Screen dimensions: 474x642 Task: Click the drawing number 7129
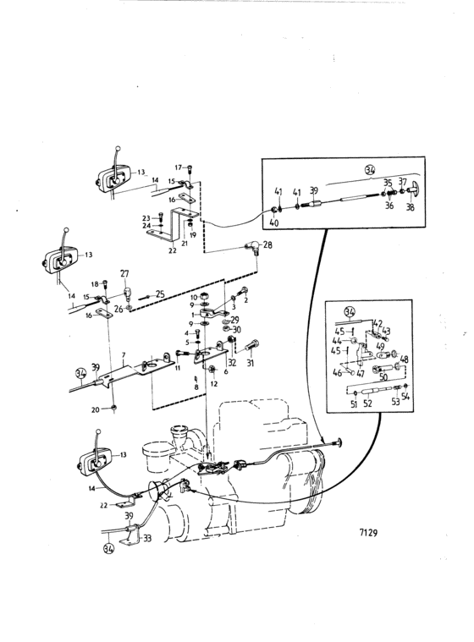(368, 533)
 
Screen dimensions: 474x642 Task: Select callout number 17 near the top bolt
(179, 167)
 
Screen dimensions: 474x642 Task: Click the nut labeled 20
(114, 409)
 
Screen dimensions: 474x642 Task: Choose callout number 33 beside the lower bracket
(147, 538)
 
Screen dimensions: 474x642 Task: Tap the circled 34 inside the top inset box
(371, 169)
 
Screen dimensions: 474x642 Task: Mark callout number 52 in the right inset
(367, 403)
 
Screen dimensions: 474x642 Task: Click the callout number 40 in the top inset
(275, 223)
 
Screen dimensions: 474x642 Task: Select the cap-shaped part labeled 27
(128, 292)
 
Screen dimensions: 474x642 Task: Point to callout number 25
(160, 294)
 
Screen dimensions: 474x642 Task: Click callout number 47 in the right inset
(361, 373)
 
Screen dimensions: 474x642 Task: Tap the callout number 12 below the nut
(214, 384)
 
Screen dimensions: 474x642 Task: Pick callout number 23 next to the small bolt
(146, 218)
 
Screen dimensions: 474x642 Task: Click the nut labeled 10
(206, 297)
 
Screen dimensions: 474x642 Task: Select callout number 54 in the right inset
(405, 397)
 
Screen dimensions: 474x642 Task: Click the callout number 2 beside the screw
(246, 301)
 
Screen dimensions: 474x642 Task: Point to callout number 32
(232, 362)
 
